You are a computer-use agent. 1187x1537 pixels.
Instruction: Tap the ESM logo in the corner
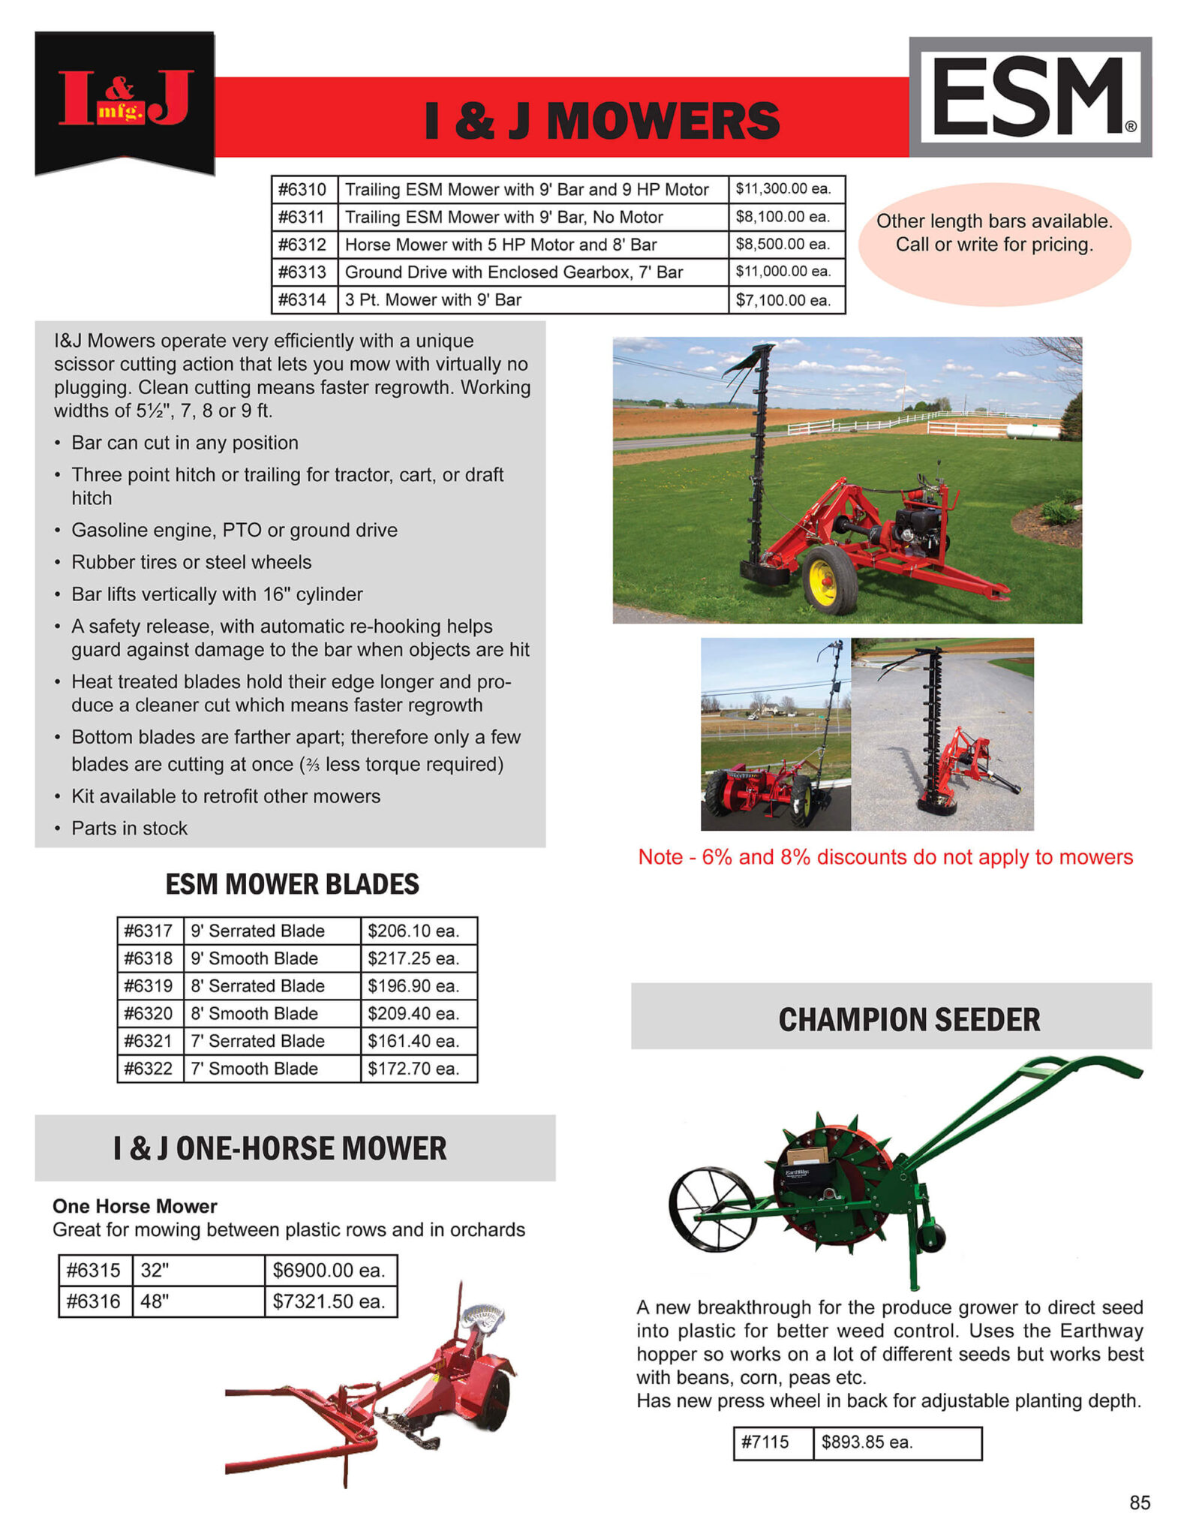[x=1029, y=97]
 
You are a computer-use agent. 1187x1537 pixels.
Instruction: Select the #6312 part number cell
[x=303, y=245]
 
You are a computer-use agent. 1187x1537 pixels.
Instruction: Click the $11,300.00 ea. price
[x=784, y=189]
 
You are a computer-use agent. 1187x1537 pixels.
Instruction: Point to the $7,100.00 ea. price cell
[x=784, y=300]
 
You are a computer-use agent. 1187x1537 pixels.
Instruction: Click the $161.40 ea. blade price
[x=413, y=1041]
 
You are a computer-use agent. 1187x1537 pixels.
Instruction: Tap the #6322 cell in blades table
[x=149, y=1069]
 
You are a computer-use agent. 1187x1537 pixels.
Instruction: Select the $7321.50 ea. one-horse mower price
[x=329, y=1301]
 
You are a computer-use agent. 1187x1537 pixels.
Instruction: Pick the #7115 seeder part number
[x=766, y=1442]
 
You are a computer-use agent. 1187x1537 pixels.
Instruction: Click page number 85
[x=1139, y=1502]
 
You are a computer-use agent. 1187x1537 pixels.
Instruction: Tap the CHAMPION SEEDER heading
[x=909, y=1019]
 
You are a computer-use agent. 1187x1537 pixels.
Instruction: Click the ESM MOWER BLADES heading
[x=292, y=884]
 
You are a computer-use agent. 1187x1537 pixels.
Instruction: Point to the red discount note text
[x=885, y=857]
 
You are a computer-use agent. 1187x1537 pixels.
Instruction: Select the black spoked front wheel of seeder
[x=711, y=1209]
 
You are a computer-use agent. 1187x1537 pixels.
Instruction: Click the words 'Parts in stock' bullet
[x=129, y=828]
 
